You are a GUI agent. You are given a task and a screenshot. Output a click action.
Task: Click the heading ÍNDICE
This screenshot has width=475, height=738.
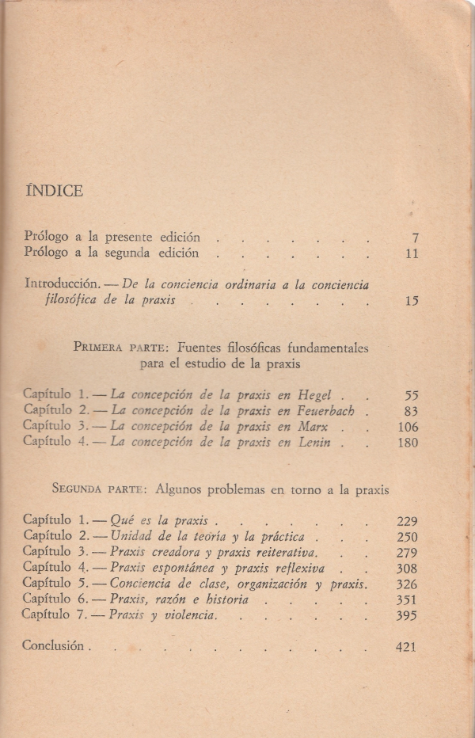coord(55,191)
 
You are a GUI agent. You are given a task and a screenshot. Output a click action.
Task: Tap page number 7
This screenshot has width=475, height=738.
coord(415,238)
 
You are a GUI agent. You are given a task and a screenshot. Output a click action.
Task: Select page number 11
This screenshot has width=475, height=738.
coord(411,254)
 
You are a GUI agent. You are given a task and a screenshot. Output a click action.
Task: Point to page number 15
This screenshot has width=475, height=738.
coord(410,301)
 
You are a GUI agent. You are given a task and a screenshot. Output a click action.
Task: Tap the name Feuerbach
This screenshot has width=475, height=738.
coord(325,411)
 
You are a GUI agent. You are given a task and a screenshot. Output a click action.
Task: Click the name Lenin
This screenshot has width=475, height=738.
coord(315,443)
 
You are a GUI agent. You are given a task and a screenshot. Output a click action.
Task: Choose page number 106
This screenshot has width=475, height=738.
coord(408,428)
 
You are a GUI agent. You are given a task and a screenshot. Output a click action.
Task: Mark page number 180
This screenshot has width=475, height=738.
coord(407,443)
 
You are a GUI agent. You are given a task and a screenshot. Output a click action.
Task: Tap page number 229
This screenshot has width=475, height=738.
coord(406,521)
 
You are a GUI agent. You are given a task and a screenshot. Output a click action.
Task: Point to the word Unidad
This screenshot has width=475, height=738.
coord(131,537)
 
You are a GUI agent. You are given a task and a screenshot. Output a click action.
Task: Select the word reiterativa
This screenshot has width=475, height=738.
coord(284,552)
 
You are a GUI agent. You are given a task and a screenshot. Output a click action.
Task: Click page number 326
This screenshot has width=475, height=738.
coord(406,584)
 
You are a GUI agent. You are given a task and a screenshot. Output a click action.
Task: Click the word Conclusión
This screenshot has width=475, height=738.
coord(54,646)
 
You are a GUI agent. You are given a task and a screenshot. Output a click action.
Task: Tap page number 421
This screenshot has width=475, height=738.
coord(405,647)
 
